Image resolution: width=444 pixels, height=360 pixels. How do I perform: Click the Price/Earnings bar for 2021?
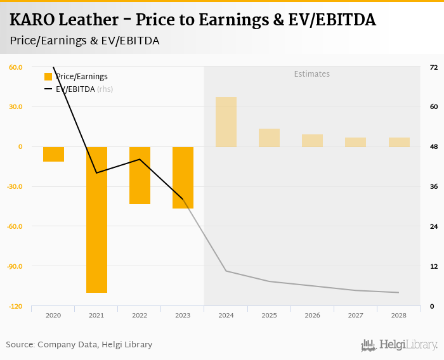96,219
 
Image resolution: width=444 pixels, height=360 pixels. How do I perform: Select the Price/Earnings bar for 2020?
53,154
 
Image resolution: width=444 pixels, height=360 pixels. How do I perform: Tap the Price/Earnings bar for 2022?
140,175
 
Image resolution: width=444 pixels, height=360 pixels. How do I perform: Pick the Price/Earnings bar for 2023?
183,177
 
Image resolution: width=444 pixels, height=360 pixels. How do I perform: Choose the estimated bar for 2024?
226,122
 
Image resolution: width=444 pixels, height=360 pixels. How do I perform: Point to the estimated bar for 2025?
269,138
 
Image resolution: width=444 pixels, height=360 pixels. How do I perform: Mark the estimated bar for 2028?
399,142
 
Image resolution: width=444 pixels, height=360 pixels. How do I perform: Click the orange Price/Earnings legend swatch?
48,77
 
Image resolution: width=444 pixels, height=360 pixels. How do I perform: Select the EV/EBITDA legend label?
75,89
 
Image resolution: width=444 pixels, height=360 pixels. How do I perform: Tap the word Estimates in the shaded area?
311,74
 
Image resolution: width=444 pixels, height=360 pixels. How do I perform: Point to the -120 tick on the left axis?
15,306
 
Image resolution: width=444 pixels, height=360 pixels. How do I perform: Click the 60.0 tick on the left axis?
16,67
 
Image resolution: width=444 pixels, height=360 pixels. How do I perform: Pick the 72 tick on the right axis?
434,67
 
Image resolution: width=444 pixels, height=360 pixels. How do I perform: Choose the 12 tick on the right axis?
434,266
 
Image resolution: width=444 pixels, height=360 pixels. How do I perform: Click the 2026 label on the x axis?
312,315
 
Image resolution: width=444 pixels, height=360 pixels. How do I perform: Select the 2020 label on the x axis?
53,315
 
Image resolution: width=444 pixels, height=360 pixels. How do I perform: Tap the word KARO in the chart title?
32,20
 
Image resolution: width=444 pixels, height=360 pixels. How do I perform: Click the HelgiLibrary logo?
399,345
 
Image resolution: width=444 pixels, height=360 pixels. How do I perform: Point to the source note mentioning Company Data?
79,345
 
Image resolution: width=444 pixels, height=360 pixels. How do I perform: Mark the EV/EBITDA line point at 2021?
96,173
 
